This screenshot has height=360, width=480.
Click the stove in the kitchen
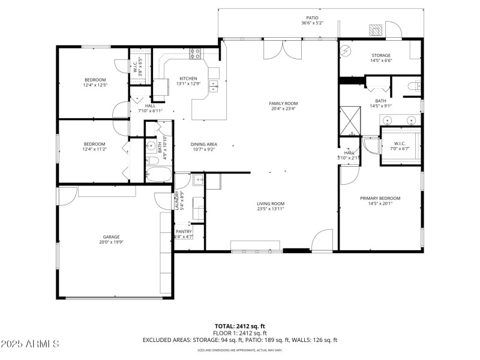195,53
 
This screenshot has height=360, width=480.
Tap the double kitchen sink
213,87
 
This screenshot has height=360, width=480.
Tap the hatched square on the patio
376,30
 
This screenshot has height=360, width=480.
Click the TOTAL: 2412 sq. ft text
240,326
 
